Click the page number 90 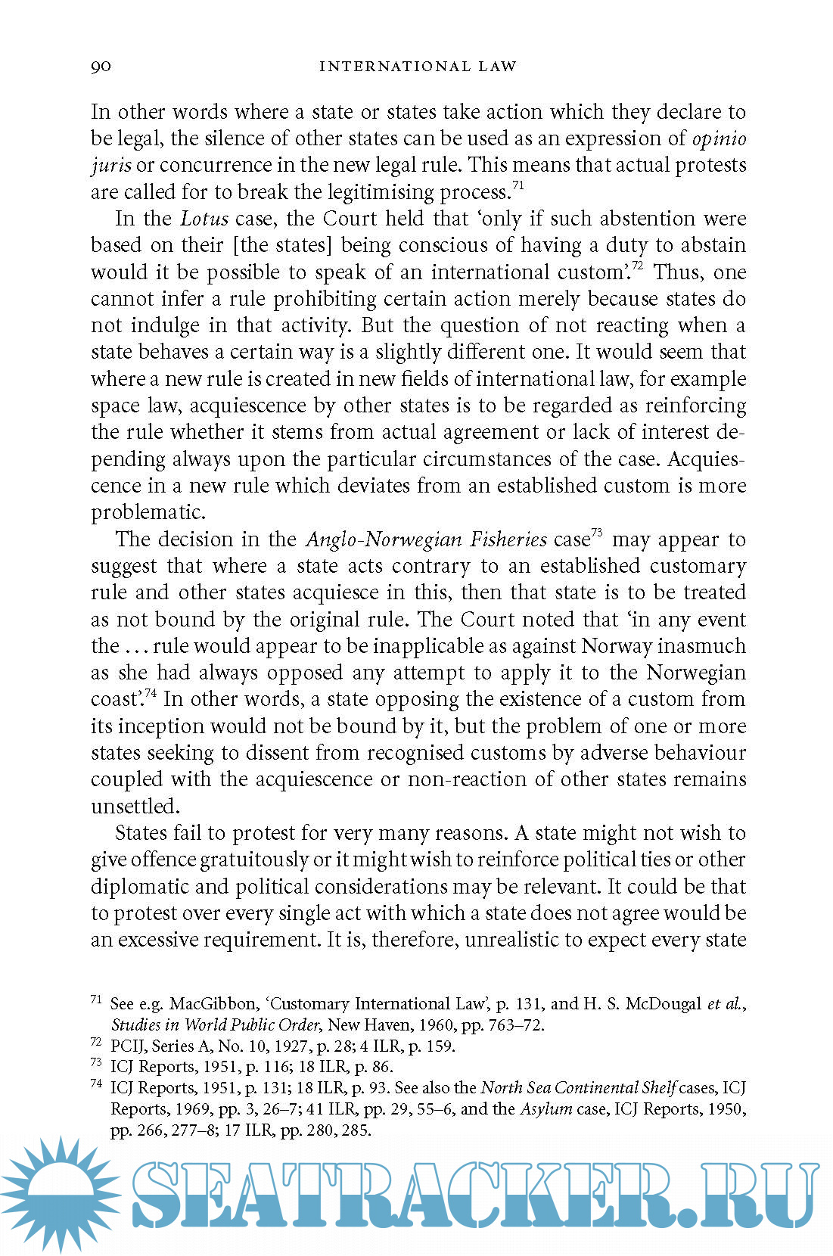tap(101, 67)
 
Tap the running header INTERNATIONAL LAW tap(418, 67)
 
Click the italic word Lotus tap(204, 219)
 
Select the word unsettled tap(134, 807)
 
